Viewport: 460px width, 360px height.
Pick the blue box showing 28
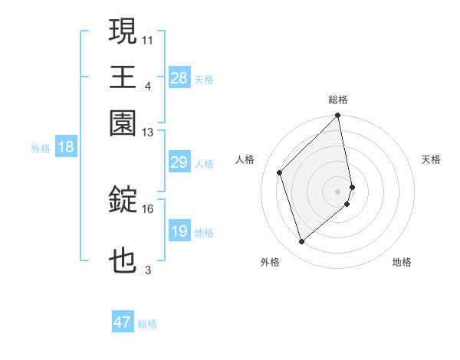179,78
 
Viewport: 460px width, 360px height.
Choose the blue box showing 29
179,162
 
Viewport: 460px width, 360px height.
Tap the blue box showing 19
179,231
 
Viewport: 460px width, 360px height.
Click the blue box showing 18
66,147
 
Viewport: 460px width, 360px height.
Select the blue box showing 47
123,322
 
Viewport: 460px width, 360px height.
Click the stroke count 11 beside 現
148,39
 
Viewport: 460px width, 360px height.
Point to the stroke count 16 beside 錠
148,208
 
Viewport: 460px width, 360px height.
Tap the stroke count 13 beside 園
148,132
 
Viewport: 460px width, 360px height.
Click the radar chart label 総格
338,100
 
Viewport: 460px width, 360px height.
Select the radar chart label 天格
432,159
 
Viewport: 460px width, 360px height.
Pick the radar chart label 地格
402,262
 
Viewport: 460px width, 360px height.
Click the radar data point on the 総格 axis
338,116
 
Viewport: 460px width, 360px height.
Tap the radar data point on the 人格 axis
280,172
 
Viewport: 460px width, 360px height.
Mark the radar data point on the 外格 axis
301,242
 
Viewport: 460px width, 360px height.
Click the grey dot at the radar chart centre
338,191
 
